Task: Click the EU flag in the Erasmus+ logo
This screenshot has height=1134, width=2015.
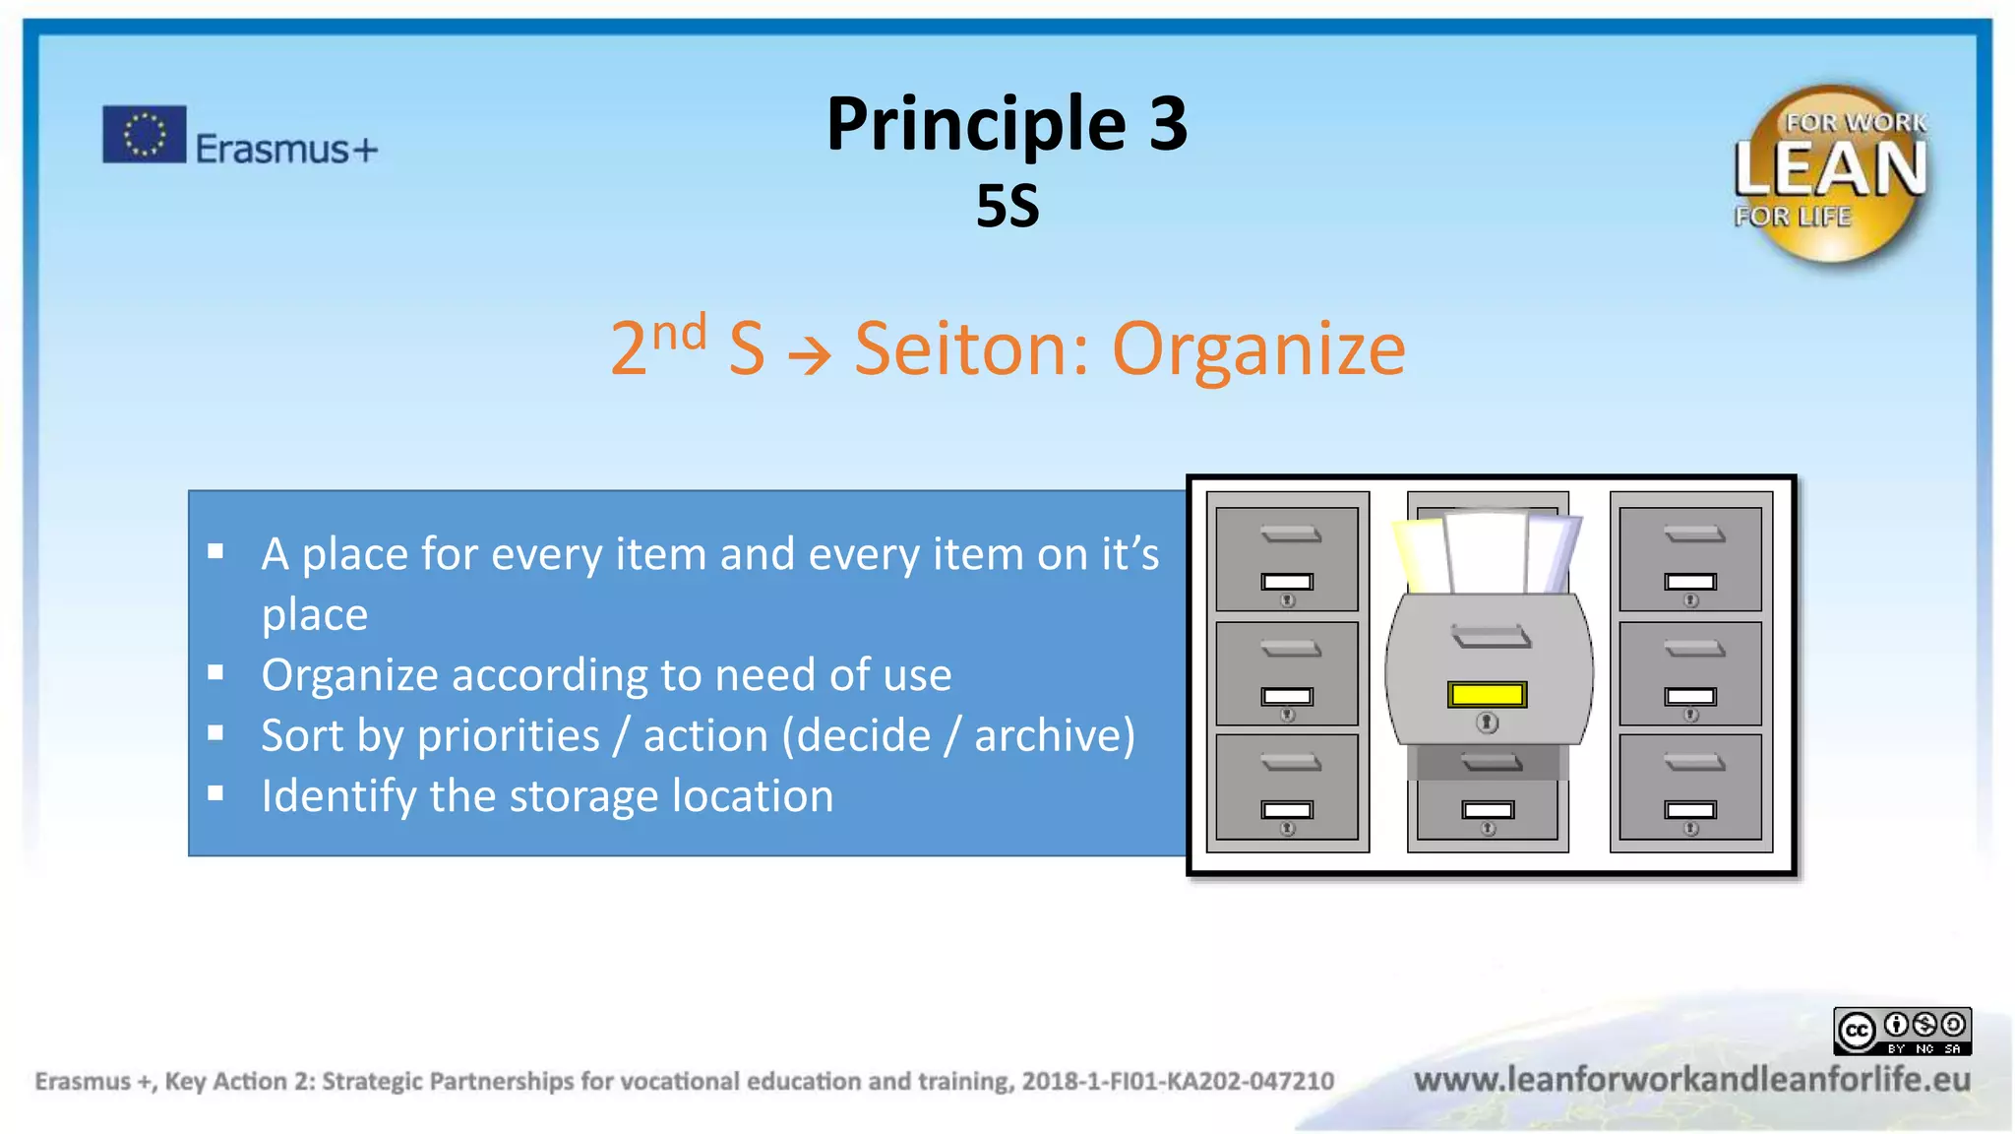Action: [x=144, y=134]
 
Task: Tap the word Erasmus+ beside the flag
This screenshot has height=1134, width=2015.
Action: [x=286, y=149]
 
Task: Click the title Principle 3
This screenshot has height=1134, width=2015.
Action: [x=1007, y=124]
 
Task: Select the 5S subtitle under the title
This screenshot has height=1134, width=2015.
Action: [x=1007, y=206]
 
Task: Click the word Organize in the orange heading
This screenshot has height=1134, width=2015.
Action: [x=1258, y=349]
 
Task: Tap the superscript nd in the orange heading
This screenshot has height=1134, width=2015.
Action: [x=679, y=333]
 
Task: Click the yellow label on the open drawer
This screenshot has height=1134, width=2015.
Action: [x=1487, y=695]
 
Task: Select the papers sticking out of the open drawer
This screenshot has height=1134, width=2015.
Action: [x=1487, y=551]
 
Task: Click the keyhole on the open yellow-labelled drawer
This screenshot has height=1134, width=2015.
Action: [x=1487, y=724]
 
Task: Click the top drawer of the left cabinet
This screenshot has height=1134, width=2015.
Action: [x=1287, y=558]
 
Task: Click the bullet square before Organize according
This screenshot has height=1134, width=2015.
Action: [x=216, y=673]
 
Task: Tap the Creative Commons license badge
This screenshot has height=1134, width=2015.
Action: [x=1902, y=1031]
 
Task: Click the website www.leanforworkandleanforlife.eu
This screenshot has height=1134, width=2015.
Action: [x=1691, y=1080]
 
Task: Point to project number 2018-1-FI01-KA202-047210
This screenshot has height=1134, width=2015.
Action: [x=1178, y=1081]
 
